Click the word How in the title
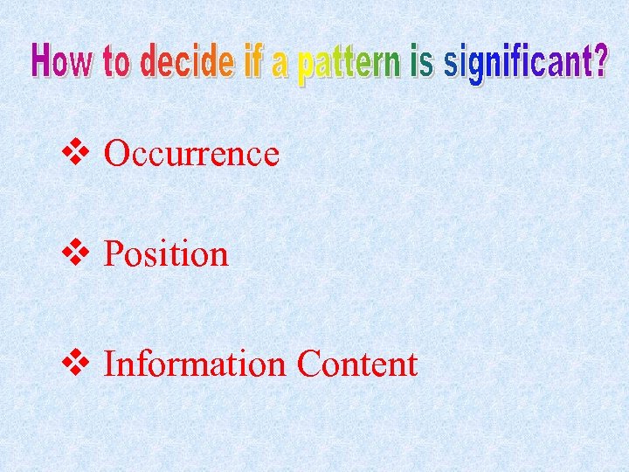tap(62, 62)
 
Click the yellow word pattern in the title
tap(349, 64)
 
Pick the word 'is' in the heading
tap(421, 62)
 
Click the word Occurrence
tap(191, 154)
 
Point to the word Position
tap(166, 254)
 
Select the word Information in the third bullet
tap(195, 364)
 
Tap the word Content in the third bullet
tap(356, 364)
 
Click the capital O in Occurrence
tap(116, 154)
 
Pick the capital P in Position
tap(113, 254)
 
